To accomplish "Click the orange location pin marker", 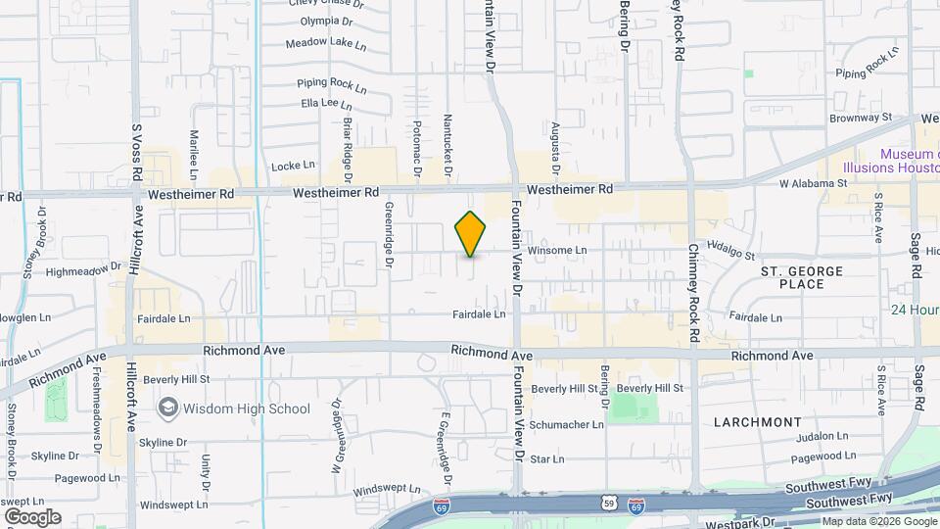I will (471, 234).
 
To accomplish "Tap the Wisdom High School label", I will (246, 409).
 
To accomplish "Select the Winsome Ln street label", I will (557, 251).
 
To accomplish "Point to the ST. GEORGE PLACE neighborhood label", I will (793, 276).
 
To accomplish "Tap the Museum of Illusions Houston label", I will (910, 162).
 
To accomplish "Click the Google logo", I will (32, 516).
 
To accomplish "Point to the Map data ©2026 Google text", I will (878, 521).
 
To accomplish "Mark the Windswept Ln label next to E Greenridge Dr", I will (387, 489).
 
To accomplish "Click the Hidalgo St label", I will (731, 251).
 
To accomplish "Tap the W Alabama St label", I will (813, 183).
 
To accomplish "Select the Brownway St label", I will (861, 117).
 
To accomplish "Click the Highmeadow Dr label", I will (82, 270).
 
